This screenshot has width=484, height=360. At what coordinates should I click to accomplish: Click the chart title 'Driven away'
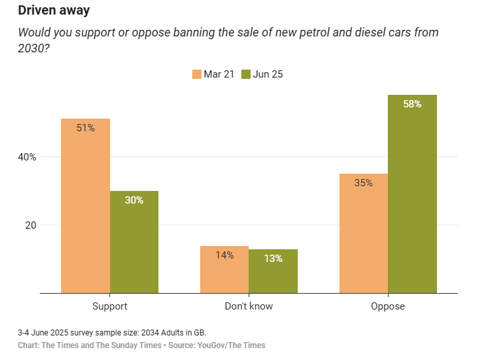pos(54,11)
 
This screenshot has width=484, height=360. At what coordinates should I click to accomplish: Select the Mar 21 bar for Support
pos(86,206)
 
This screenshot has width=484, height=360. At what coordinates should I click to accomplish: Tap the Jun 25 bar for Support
pos(134,242)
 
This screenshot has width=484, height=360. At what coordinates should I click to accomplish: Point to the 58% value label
pos(412,104)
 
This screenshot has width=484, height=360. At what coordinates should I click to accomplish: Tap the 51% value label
pos(86,128)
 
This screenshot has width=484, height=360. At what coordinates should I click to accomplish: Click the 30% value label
pos(134,200)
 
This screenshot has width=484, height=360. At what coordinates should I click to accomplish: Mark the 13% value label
pos(273,259)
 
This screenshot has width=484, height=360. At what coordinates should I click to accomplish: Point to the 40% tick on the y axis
pos(27,157)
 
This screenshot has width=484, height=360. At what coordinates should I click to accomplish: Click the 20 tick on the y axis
pos(30,225)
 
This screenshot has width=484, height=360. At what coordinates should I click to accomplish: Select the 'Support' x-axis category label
pos(109,306)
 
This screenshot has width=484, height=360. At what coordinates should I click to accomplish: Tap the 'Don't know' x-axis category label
pos(249,306)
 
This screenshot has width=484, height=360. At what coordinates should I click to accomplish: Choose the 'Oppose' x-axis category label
pos(388,306)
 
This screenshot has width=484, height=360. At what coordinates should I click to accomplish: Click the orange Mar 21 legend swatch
pos(196,74)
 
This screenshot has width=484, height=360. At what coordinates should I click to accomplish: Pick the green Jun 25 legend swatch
pos(245,74)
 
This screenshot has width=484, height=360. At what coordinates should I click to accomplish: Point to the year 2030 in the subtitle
pos(32,49)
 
